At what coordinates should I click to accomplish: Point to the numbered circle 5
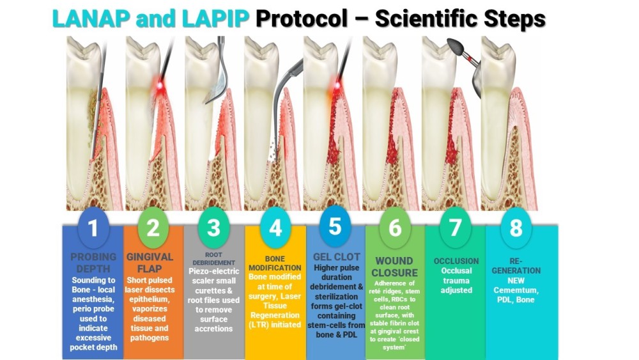335,226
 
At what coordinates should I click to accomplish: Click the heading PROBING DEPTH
93,263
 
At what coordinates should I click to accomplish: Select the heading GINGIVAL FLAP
153,263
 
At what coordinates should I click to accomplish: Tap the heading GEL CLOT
335,257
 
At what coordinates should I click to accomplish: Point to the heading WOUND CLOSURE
395,267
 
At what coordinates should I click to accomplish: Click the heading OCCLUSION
456,261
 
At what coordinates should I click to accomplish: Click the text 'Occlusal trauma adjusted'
456,280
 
